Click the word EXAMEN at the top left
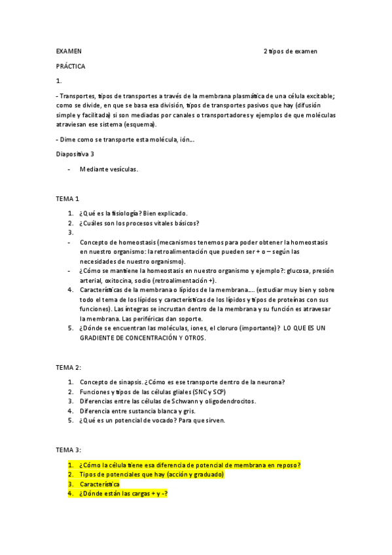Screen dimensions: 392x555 tap(69, 51)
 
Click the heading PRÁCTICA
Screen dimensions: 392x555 tap(71, 66)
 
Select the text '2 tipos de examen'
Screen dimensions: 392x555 tap(290, 51)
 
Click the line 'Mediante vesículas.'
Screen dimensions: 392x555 tap(109, 169)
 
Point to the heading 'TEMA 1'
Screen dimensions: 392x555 tap(68, 198)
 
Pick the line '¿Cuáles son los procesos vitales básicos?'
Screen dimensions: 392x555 tap(139, 223)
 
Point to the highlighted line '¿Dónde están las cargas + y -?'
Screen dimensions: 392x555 tap(124, 493)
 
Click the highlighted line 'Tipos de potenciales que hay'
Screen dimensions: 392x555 tap(152, 474)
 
